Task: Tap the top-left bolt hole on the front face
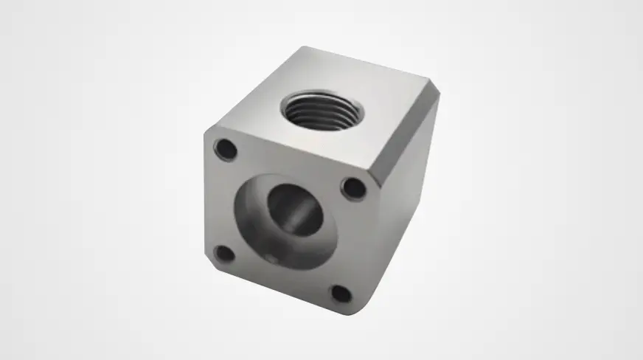point(226,149)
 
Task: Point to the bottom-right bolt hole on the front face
point(340,294)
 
